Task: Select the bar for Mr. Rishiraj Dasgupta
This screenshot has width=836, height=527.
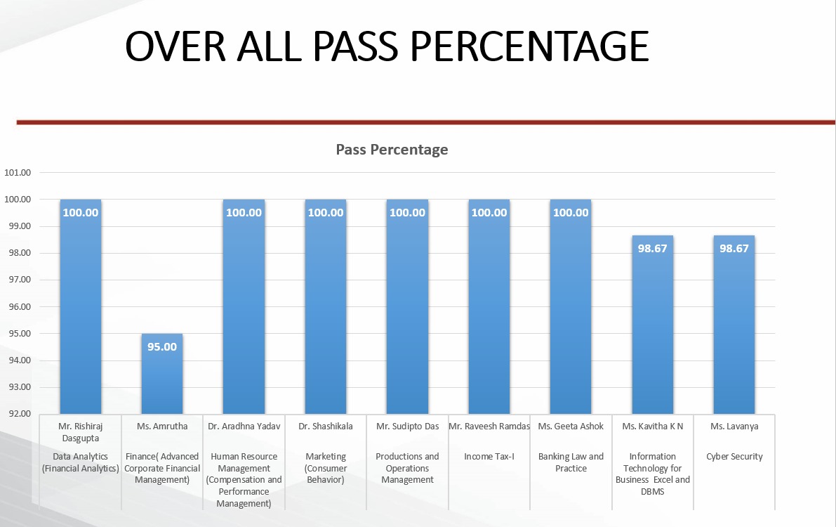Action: [x=81, y=309]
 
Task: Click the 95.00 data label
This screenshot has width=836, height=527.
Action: [x=162, y=346]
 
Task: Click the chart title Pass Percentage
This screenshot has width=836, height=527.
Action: [x=392, y=149]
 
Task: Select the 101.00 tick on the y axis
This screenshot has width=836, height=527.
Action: [x=18, y=172]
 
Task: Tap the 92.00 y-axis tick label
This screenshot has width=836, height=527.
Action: [x=18, y=414]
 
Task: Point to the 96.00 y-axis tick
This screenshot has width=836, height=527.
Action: [x=18, y=306]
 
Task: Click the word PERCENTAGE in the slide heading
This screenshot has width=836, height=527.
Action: [x=529, y=46]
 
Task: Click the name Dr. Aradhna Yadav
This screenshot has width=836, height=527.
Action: [x=244, y=426]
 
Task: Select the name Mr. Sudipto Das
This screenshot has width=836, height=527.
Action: [x=407, y=426]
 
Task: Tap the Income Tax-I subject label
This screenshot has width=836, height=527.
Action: [x=489, y=457]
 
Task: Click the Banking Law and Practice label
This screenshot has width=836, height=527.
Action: [x=571, y=462]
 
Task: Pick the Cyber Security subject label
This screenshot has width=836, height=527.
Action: [x=734, y=457]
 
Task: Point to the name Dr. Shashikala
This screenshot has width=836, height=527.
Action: [x=326, y=426]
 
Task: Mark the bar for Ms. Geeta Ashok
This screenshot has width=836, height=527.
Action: [x=571, y=309]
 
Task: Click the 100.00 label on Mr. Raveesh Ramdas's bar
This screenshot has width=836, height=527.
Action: [x=489, y=212]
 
